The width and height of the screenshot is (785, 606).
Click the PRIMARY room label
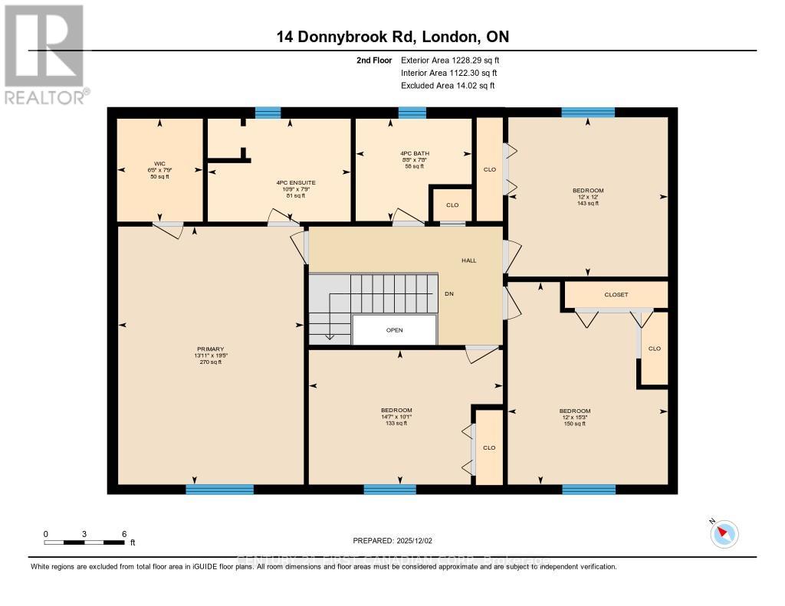(x=209, y=349)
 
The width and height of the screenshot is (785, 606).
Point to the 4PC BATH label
(x=414, y=153)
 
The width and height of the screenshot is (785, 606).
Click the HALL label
(x=468, y=260)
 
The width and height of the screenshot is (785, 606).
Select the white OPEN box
(x=394, y=330)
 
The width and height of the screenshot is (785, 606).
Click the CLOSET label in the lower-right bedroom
(x=616, y=294)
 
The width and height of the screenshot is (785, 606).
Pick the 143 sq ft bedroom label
(x=587, y=191)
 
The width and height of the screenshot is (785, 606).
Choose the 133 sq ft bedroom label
(x=396, y=411)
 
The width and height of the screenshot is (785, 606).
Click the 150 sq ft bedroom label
(x=574, y=411)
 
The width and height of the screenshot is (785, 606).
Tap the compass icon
(x=724, y=533)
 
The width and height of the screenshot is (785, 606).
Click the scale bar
(x=84, y=542)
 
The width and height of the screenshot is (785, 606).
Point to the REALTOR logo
(x=44, y=54)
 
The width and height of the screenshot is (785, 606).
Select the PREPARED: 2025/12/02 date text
(x=392, y=541)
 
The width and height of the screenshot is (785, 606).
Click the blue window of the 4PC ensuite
(x=268, y=113)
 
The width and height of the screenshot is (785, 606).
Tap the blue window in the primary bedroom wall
(x=219, y=489)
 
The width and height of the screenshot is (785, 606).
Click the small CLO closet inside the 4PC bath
(x=452, y=205)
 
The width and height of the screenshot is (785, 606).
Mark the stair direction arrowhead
(x=329, y=336)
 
